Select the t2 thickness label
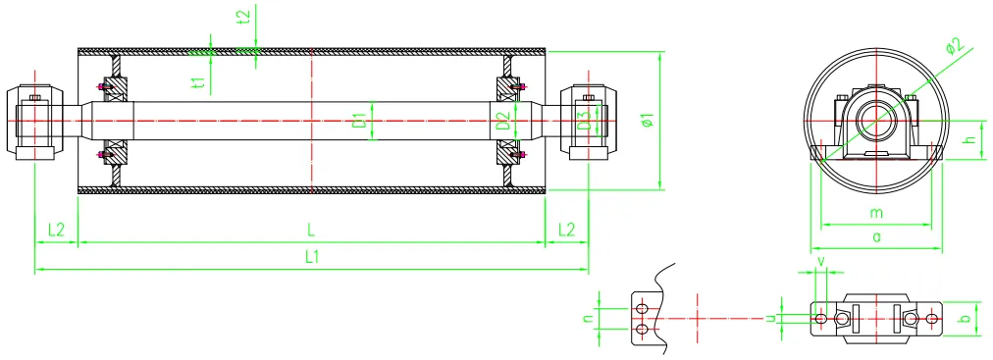tap(244, 16)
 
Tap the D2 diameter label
tap(501, 122)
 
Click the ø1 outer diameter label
tap(646, 122)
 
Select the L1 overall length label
tap(311, 257)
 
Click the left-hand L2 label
tap(56, 230)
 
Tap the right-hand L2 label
tap(566, 230)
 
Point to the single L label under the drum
tap(311, 230)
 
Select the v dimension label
tap(821, 262)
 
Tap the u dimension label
tap(771, 318)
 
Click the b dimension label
tap(966, 319)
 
